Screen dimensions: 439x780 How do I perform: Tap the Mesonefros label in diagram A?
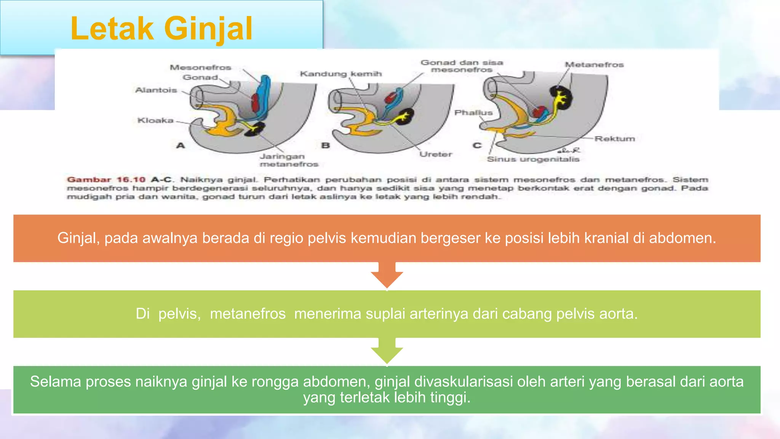tap(200, 67)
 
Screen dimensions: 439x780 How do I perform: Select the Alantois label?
tap(156, 90)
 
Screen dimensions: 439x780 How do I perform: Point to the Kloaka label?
tap(155, 120)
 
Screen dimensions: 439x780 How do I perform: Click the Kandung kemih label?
tap(340, 74)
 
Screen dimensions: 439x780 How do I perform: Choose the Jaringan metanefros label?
tap(289, 160)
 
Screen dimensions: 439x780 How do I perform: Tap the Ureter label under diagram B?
tap(436, 154)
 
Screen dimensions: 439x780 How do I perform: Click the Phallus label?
tap(473, 113)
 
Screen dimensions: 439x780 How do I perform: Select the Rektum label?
tap(615, 139)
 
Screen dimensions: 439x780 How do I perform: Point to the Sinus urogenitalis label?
tap(533, 159)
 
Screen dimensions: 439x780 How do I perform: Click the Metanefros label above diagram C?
tap(594, 65)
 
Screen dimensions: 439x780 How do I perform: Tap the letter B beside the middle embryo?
tap(325, 146)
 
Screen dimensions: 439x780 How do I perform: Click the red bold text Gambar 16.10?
tap(106, 179)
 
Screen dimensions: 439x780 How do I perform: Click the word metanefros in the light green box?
tap(248, 314)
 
